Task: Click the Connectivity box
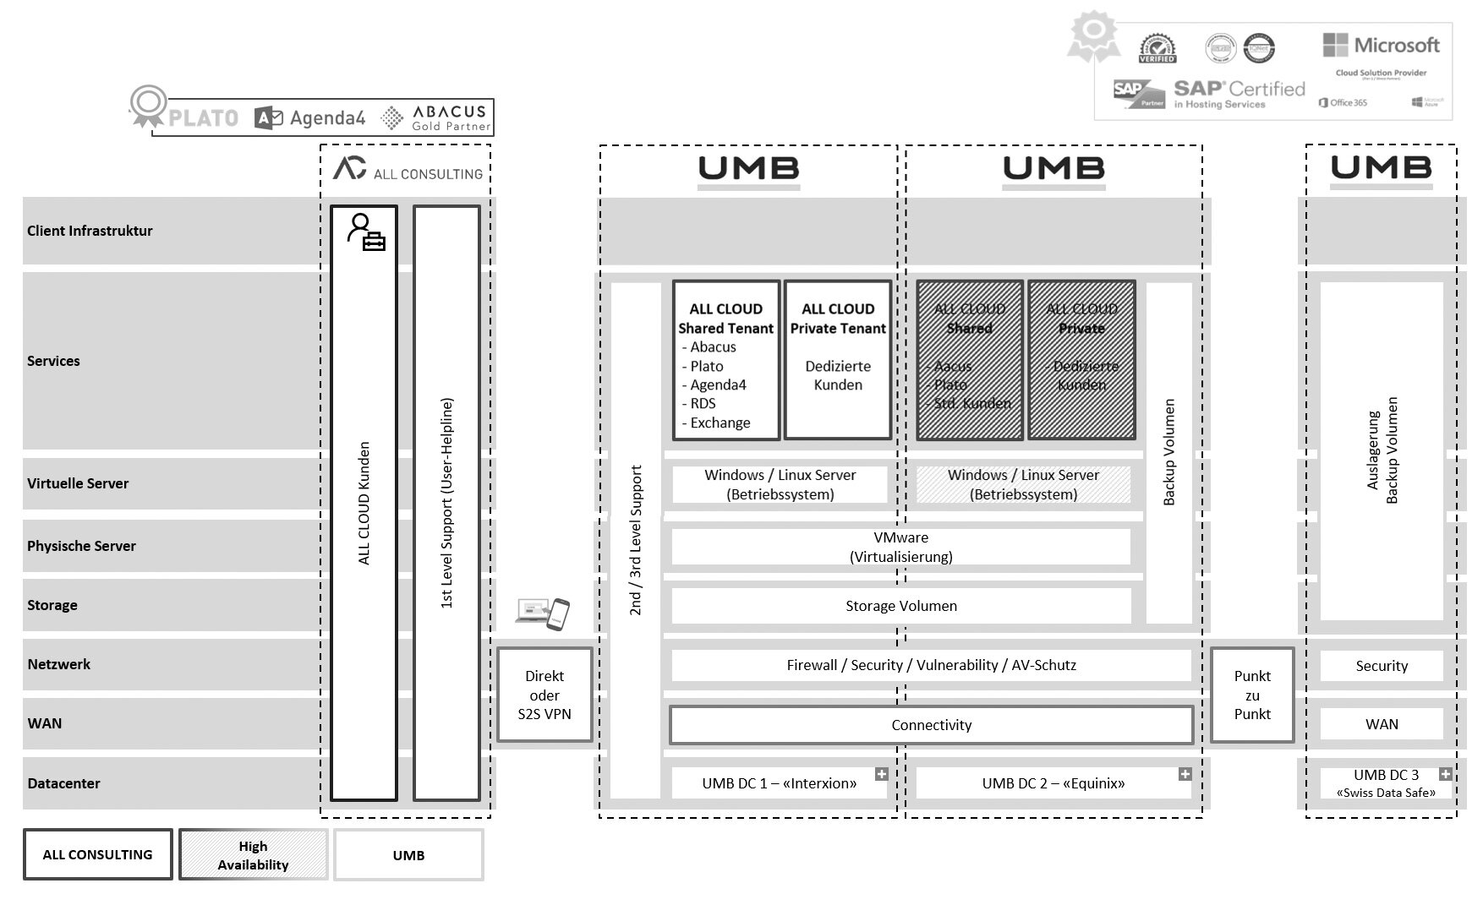(931, 725)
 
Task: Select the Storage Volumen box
(900, 606)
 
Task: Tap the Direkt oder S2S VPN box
(544, 695)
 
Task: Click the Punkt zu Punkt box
(1251, 695)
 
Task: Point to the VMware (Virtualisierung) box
(900, 547)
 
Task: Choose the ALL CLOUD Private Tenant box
(837, 360)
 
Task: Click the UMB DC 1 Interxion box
(779, 783)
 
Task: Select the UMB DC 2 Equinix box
(1053, 783)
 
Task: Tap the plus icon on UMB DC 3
(1445, 774)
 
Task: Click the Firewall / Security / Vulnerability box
(931, 665)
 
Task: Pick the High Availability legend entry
(253, 855)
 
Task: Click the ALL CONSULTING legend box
(97, 855)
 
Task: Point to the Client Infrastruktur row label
(90, 231)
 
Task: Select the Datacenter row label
(63, 783)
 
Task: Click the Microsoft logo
(1381, 46)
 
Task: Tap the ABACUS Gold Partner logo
(436, 118)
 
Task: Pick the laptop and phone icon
(543, 613)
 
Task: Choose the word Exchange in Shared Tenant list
(720, 423)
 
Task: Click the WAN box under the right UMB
(1381, 724)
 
